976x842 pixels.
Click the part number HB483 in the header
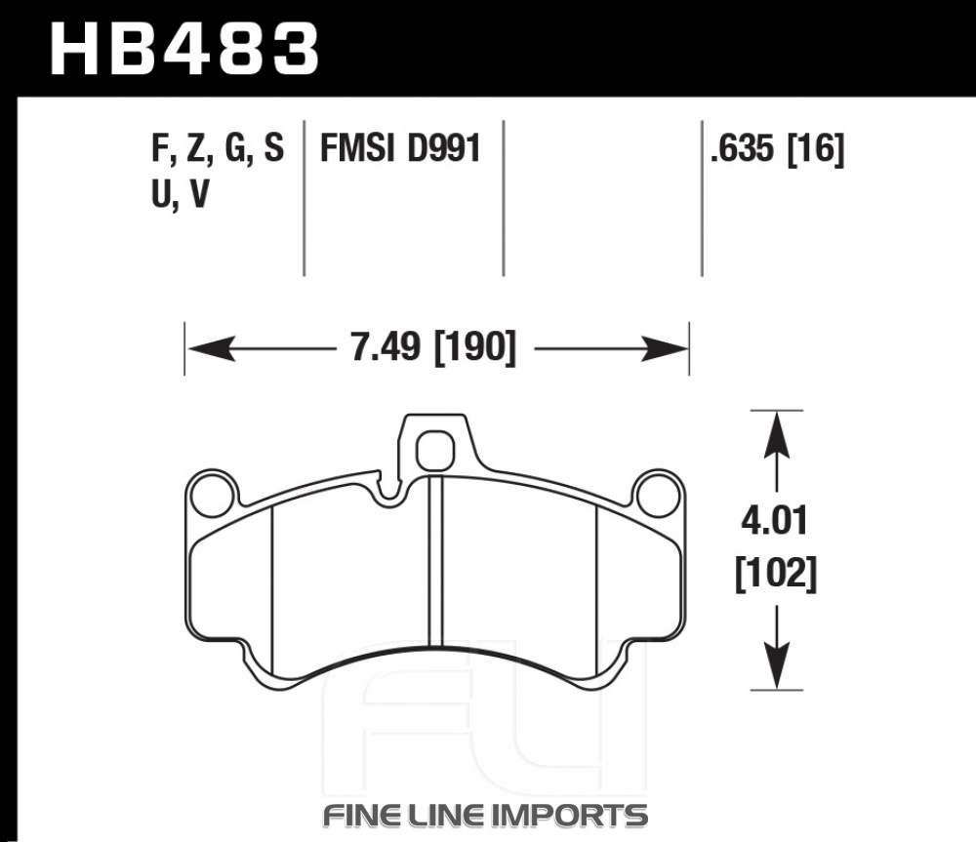(184, 49)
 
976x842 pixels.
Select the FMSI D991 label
(401, 149)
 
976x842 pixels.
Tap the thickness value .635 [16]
(778, 149)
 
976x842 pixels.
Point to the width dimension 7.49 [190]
(434, 347)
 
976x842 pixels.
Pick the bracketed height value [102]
(776, 573)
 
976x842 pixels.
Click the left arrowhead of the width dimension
(212, 348)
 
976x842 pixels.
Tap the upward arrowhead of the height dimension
(776, 435)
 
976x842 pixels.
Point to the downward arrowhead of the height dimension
(776, 665)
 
